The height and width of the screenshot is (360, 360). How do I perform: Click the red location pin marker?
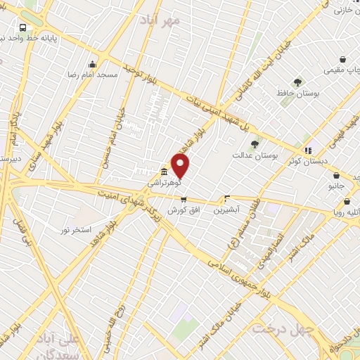(181, 167)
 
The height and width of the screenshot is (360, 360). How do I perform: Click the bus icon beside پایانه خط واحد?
(23, 27)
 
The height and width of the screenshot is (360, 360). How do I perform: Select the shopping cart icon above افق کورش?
(184, 199)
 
